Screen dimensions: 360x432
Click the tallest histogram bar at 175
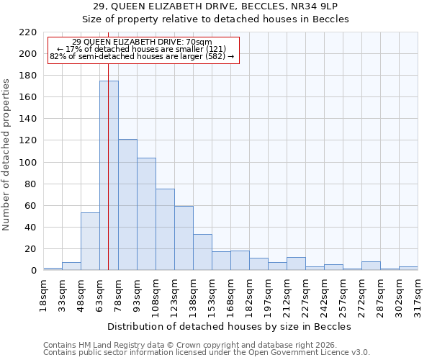click(x=109, y=176)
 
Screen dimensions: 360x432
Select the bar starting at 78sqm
click(x=127, y=205)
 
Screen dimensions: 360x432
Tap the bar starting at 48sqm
click(x=90, y=241)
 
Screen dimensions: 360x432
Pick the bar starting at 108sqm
click(x=165, y=230)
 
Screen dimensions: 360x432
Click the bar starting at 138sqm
click(x=202, y=252)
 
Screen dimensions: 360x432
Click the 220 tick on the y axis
click(x=28, y=32)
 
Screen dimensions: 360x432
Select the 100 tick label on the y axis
click(x=28, y=163)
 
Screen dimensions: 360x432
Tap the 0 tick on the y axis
click(x=33, y=271)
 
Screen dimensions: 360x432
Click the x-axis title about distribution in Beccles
click(x=230, y=326)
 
